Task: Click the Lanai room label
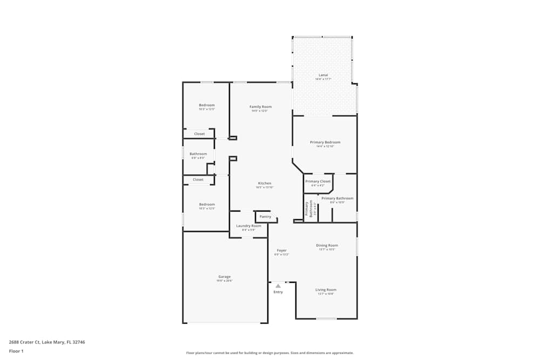(323, 75)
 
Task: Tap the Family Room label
(260, 107)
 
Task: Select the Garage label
(225, 277)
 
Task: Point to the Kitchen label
(264, 184)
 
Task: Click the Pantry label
(265, 216)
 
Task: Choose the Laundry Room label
(248, 226)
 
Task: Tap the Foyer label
(281, 250)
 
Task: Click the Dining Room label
(327, 246)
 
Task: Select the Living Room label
(326, 290)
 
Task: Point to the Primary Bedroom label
(325, 142)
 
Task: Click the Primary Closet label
(318, 181)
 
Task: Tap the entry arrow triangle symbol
(278, 286)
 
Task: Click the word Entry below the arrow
(278, 292)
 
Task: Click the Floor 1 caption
(16, 351)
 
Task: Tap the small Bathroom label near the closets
(198, 154)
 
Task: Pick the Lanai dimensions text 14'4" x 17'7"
(323, 79)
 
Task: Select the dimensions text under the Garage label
(225, 281)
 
